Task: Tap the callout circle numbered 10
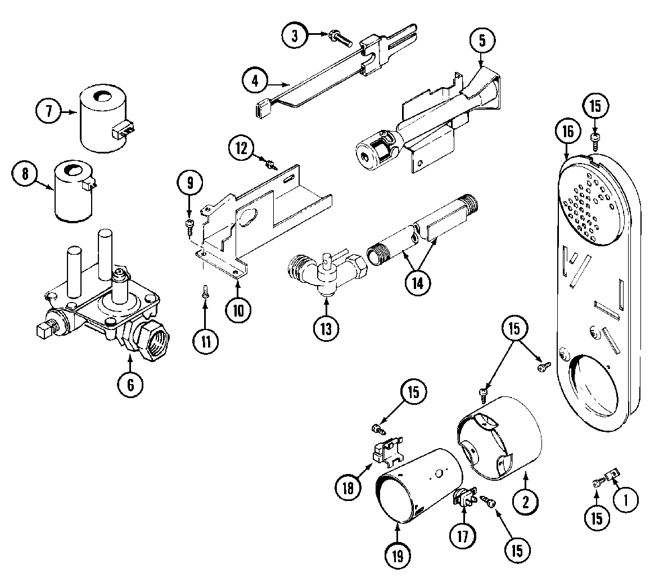238,309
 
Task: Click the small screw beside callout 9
189,225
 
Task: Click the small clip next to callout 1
611,476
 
